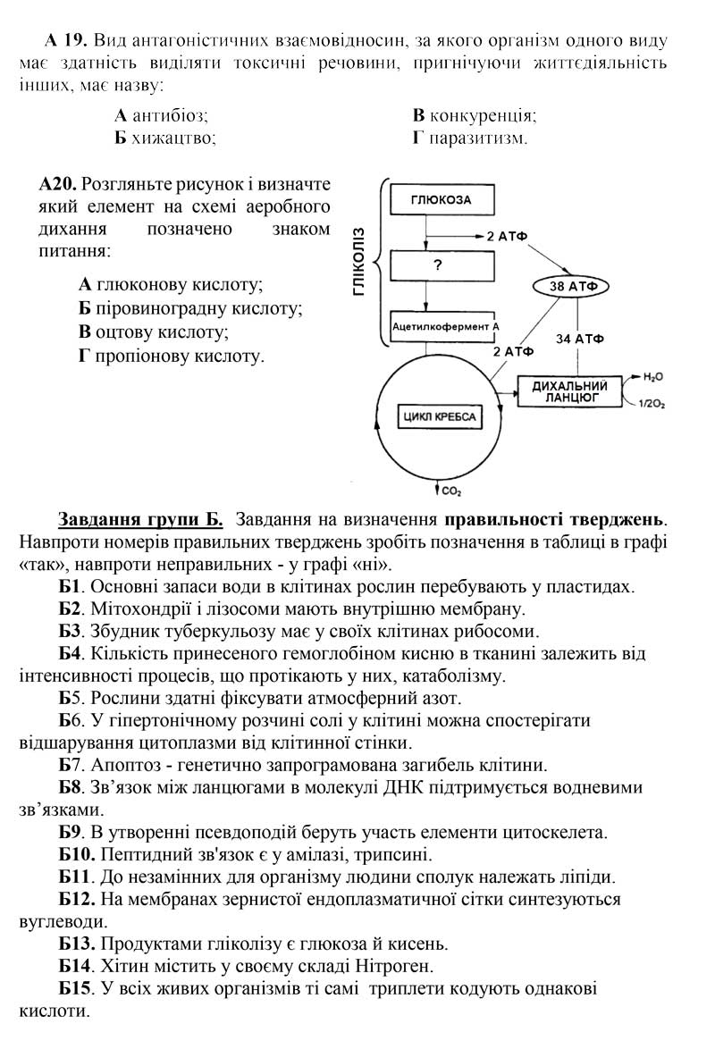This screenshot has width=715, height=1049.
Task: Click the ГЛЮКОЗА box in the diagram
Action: tap(441, 200)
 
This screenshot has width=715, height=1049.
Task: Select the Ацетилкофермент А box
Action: tap(444, 327)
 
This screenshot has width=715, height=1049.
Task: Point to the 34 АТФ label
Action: tap(579, 339)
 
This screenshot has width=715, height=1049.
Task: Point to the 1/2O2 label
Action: tap(652, 405)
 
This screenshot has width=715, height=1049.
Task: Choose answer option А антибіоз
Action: tap(162, 115)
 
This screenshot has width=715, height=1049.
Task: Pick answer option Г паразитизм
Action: tap(470, 138)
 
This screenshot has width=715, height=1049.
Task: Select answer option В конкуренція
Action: tap(475, 115)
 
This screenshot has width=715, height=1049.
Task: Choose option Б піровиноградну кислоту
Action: tap(190, 308)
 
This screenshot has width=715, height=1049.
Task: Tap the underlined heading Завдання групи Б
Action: tap(140, 519)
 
